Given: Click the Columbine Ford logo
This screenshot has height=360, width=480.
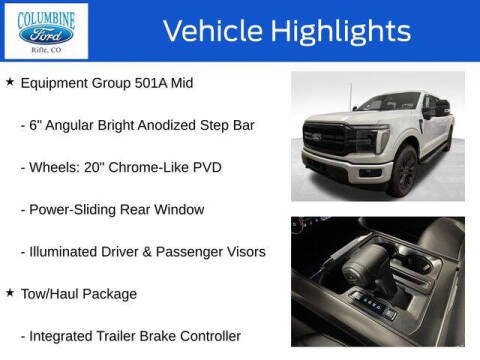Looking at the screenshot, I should [x=47, y=32].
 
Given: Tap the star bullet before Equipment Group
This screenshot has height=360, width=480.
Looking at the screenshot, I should [x=10, y=82].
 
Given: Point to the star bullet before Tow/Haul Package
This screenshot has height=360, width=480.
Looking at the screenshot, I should [x=10, y=293].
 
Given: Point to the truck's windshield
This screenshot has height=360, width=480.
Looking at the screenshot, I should [x=385, y=102].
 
